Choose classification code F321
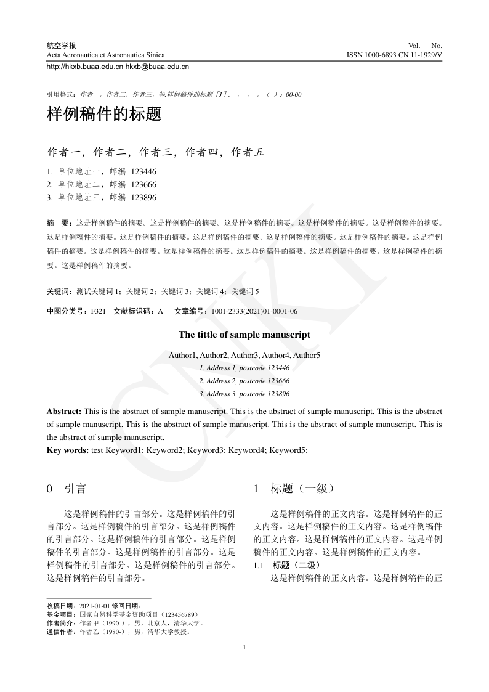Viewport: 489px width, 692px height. coord(99,311)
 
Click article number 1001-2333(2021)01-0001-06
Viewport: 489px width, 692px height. coord(254,311)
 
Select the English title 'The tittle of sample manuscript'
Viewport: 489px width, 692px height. coord(244,335)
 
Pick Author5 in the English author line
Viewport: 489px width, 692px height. coord(306,355)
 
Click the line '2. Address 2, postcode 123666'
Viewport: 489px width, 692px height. coord(244,381)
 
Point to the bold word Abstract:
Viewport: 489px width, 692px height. coord(64,410)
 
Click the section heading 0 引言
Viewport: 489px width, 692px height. coord(66,489)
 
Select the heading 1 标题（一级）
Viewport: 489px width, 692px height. coord(293,489)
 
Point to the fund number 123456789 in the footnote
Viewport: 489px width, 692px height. coord(179,614)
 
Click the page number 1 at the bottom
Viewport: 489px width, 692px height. coord(244,647)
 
